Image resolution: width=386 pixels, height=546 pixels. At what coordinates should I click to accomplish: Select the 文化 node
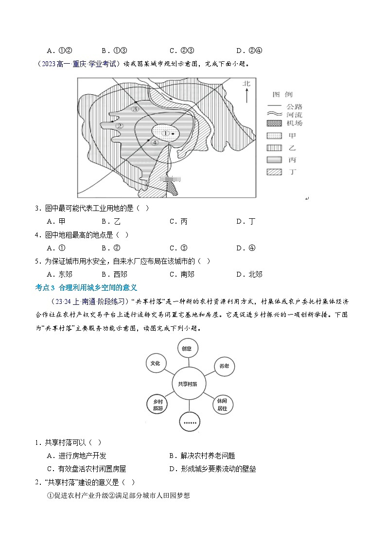(x=156, y=363)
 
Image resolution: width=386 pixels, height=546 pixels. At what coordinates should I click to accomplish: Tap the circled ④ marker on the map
(x=155, y=143)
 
